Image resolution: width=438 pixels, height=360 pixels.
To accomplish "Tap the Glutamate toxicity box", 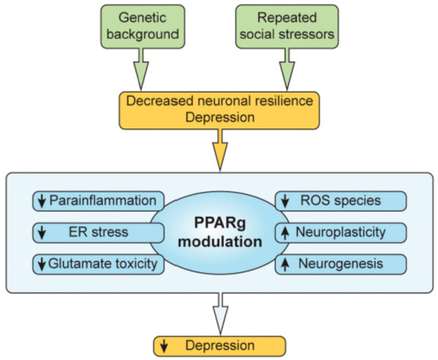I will [x=96, y=263].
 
